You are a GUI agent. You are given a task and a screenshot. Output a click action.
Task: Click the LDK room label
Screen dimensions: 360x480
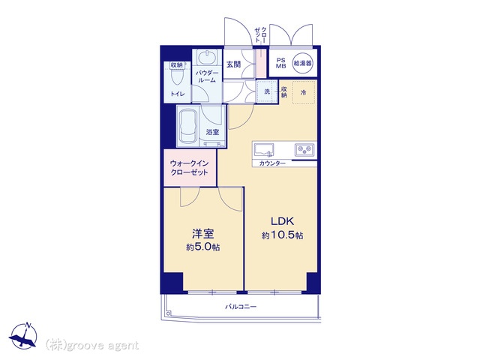pyautogui.click(x=282, y=222)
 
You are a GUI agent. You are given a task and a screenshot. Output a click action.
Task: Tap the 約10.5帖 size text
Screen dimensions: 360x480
pyautogui.click(x=282, y=235)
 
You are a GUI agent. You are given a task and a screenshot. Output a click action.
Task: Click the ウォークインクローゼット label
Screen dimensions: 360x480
pyautogui.click(x=190, y=166)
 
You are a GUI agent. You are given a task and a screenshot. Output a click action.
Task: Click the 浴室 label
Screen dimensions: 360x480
pyautogui.click(x=213, y=132)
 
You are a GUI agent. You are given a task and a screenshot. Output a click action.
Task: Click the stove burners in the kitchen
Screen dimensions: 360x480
pyautogui.click(x=305, y=149)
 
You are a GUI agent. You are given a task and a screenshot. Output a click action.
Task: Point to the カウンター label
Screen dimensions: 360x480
pyautogui.click(x=271, y=163)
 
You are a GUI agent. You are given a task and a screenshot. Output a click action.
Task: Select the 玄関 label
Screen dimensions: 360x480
pyautogui.click(x=234, y=63)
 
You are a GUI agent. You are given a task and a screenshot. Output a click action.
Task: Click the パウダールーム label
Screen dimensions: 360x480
pyautogui.click(x=206, y=76)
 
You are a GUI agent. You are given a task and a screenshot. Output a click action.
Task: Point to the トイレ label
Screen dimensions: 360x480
pyautogui.click(x=176, y=94)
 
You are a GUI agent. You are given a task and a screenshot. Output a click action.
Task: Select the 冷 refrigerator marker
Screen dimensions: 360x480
pyautogui.click(x=303, y=91)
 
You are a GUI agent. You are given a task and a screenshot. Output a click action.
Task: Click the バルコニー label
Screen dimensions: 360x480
pyautogui.click(x=241, y=307)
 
